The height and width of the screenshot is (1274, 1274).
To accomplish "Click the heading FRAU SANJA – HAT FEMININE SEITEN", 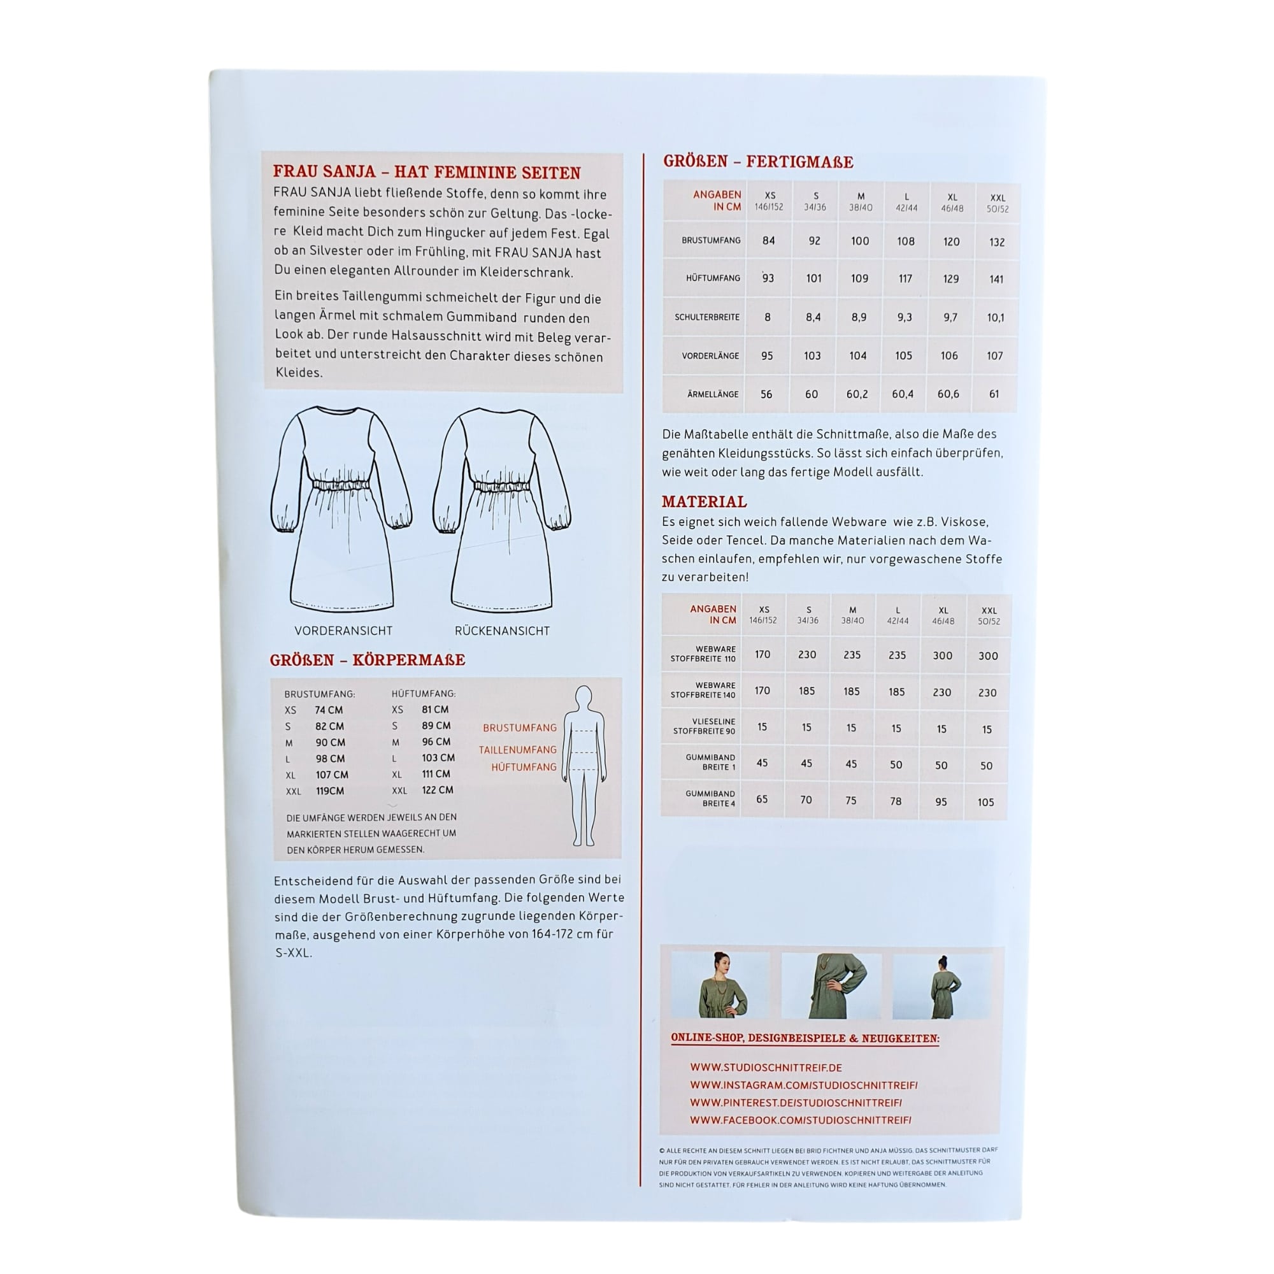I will click(427, 173).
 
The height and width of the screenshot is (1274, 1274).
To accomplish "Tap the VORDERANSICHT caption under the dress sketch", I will click(343, 631).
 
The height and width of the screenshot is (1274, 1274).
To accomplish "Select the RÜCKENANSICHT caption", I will click(502, 631).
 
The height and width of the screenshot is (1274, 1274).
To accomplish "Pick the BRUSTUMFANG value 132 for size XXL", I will click(996, 242).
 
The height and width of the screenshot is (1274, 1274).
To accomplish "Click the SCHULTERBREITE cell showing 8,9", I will click(859, 317).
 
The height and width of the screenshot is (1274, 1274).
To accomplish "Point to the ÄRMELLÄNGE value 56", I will click(766, 394).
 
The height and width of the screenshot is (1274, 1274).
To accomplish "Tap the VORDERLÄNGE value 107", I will click(994, 356).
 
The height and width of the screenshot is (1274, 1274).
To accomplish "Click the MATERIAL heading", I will click(705, 502).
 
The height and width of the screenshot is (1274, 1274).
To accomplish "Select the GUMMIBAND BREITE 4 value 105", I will click(986, 803).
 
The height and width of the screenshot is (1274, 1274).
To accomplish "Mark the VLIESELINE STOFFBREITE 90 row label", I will click(704, 726).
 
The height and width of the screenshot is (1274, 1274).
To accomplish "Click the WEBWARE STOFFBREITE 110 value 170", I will click(762, 654).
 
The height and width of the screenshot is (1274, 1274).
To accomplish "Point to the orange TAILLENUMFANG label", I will click(518, 750).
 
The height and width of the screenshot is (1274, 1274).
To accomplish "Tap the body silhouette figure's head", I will click(583, 697).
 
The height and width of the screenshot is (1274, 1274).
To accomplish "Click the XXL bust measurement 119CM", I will click(330, 791).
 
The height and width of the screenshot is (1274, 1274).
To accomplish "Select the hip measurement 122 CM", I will click(437, 790).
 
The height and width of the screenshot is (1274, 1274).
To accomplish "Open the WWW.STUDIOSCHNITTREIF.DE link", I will click(766, 1068).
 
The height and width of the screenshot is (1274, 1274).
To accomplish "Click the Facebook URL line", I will click(801, 1120).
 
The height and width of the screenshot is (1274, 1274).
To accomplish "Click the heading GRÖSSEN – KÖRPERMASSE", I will click(368, 660).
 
